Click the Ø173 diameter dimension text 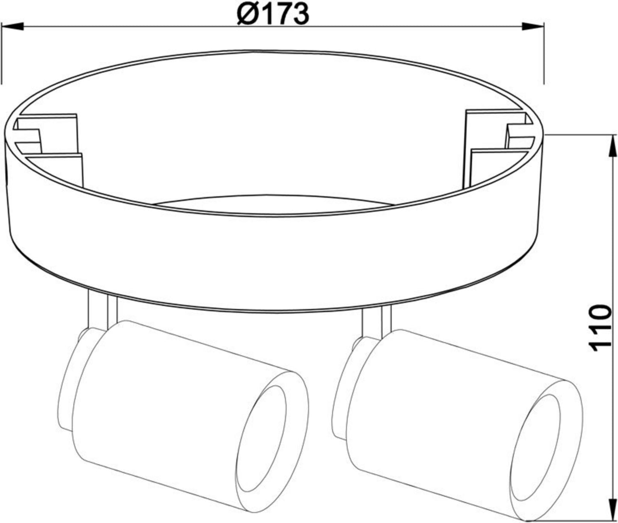[272, 14]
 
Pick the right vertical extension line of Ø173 [544, 51]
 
